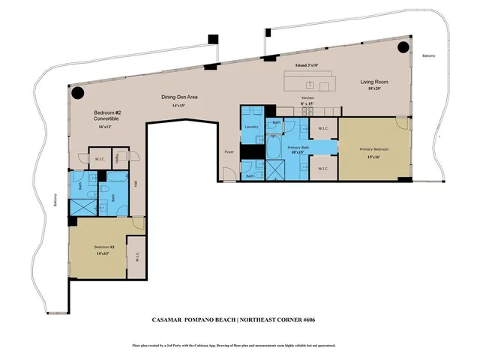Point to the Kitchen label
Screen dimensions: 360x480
pos(308,98)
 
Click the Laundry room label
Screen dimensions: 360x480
pos(250,127)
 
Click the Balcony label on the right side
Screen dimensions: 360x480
pos(428,56)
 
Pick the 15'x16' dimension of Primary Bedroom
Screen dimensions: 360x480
pos(373,156)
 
